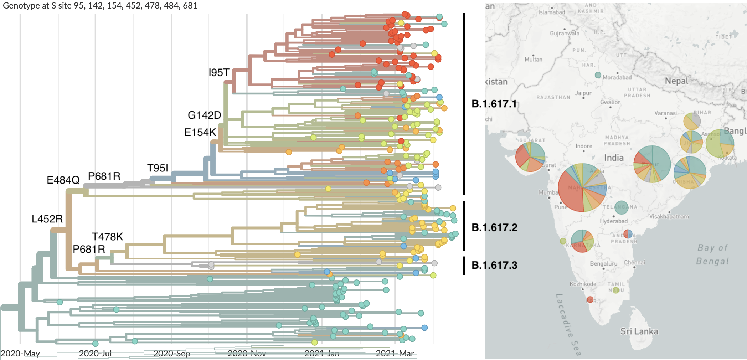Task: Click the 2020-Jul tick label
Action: [x=95, y=353]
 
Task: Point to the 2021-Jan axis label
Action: [x=322, y=353]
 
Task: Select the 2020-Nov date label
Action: [x=247, y=353]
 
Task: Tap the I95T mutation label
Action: [x=219, y=73]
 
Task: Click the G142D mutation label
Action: [x=204, y=115]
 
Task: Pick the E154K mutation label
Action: [x=200, y=132]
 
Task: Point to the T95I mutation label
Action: [x=158, y=168]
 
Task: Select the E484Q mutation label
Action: [x=63, y=180]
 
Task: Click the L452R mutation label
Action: [x=47, y=219]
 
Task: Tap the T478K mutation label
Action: [x=107, y=237]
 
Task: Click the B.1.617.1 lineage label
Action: [x=494, y=104]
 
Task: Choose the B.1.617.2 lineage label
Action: [x=494, y=227]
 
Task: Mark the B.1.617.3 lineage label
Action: [x=494, y=265]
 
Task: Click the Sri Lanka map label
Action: [x=639, y=331]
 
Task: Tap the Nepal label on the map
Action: [x=676, y=81]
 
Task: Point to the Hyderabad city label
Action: [x=613, y=221]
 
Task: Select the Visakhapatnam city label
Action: [x=669, y=217]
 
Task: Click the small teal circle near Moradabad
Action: [x=598, y=75]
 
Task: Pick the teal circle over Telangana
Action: [x=621, y=207]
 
